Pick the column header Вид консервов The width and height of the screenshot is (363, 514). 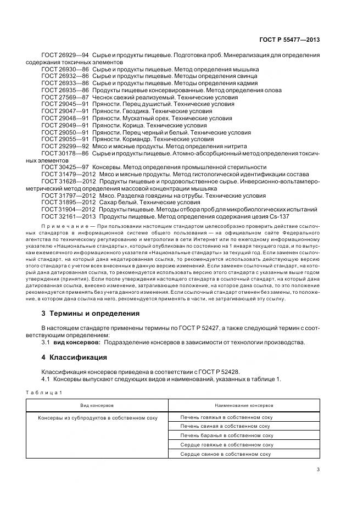click(97, 405)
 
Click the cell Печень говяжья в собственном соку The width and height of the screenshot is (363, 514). click(227, 417)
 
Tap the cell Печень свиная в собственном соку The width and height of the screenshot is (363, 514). click(226, 426)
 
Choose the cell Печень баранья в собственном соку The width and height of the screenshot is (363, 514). click(227, 435)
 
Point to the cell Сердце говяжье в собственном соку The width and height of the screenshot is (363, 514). click(227, 445)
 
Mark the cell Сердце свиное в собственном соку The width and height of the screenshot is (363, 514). click(226, 454)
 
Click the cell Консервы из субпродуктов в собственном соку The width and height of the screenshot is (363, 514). click(98, 417)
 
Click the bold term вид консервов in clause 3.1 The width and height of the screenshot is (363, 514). click(76, 342)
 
